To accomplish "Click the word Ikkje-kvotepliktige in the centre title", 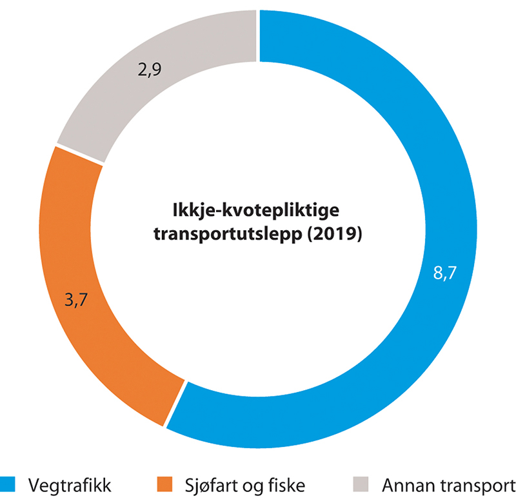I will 258,210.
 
